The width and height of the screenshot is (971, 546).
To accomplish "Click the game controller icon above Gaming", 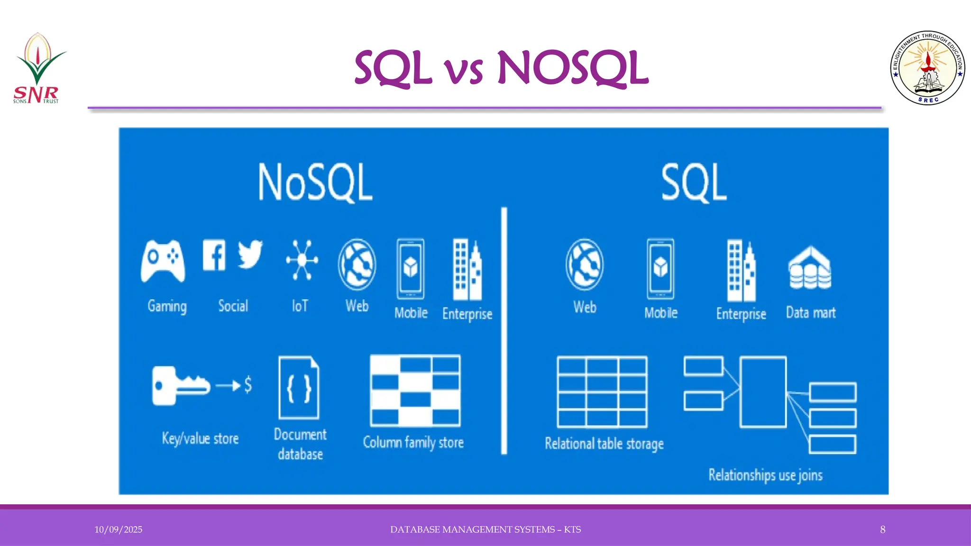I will click(163, 261).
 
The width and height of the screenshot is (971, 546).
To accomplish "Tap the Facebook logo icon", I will click(214, 255).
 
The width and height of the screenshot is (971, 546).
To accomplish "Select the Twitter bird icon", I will click(250, 254).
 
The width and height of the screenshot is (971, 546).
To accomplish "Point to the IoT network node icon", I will click(302, 260).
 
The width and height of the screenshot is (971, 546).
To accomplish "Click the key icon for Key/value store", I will click(181, 385).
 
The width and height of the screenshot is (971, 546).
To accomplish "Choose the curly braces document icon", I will click(299, 388).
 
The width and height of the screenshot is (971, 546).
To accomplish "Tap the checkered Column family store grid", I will click(415, 391).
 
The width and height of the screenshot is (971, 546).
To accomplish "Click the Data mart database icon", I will click(810, 268).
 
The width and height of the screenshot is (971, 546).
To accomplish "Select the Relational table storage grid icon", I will click(602, 392).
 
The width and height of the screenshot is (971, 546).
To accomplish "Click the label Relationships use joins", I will click(765, 474).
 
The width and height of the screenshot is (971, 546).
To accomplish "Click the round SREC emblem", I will click(927, 68).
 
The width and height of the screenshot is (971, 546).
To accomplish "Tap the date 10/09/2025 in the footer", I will click(118, 529).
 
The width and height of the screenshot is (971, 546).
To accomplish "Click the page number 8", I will click(883, 529).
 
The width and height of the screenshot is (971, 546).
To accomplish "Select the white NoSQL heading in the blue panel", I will click(315, 182).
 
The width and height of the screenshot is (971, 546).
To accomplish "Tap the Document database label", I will click(300, 444).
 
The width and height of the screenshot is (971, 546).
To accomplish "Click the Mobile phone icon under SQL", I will click(660, 269).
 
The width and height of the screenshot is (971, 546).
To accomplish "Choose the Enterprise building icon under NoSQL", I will click(467, 270).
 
